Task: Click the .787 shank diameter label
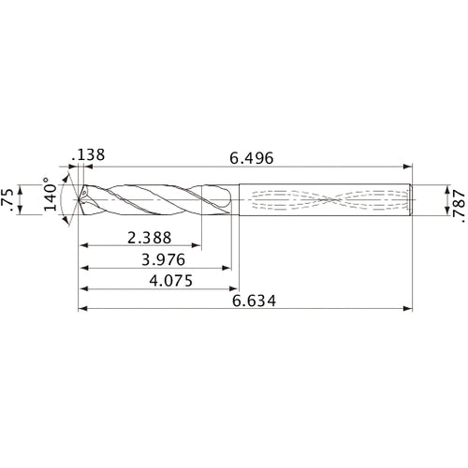tap(456, 200)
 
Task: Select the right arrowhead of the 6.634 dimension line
tap(408, 309)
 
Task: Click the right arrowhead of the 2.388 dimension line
tap(200, 246)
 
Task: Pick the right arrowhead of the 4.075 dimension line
tap(232, 288)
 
